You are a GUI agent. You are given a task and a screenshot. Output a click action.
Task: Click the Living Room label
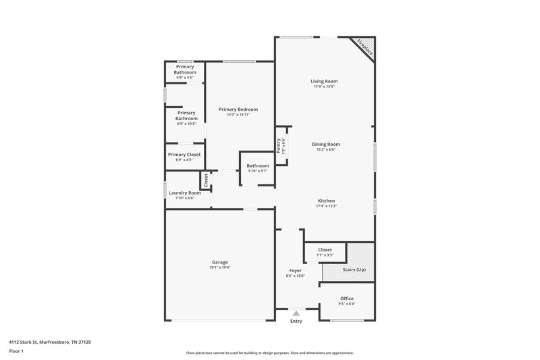pos(325,81)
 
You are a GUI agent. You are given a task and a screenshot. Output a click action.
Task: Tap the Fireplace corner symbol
pos(365,47)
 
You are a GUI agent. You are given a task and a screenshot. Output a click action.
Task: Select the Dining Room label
pos(325,144)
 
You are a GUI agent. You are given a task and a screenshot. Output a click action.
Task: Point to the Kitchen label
pos(326,201)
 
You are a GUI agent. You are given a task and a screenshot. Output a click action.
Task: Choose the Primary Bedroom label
pos(238,109)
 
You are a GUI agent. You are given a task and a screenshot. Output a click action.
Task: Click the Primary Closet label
pos(184,155)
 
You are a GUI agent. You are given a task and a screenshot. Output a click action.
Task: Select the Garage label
pos(219,262)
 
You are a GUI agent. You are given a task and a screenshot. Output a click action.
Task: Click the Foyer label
pos(296,270)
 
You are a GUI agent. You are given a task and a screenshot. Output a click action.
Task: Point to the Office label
pos(347,299)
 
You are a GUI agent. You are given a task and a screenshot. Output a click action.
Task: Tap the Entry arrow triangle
pos(296,313)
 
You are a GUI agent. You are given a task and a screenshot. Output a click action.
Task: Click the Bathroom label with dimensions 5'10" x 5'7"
pos(257,165)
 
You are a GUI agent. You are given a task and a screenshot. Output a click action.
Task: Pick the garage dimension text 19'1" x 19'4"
pos(219,268)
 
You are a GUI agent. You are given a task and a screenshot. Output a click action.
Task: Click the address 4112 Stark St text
pos(50,342)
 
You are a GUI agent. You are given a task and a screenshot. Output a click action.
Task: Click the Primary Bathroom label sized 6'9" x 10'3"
pos(186,115)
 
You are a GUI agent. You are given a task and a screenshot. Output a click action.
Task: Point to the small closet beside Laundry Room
pos(205,181)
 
